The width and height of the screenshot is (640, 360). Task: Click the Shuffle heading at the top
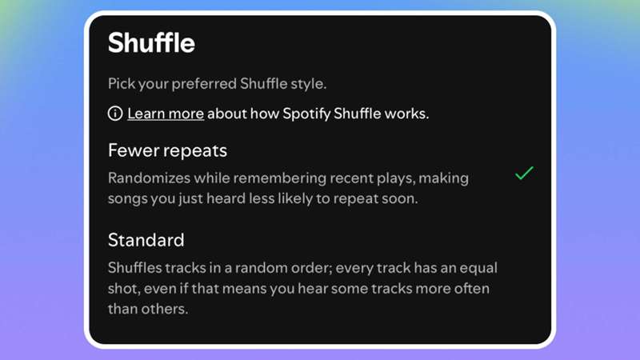151,42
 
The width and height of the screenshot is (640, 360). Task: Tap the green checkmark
524,173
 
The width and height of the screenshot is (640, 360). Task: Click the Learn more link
166,114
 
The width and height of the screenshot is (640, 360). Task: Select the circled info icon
115,114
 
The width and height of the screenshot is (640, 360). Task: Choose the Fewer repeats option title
168,150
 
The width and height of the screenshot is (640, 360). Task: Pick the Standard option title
146,240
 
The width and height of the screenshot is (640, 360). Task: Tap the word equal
474,268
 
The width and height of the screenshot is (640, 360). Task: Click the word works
406,114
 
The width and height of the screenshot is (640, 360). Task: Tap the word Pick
121,83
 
